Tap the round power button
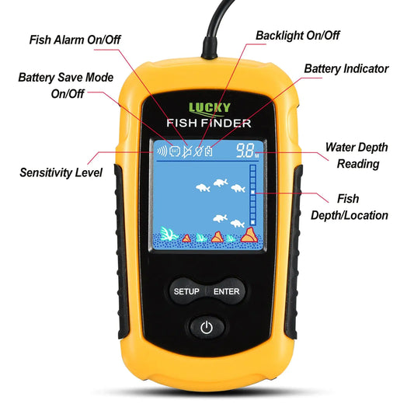pyautogui.click(x=206, y=327)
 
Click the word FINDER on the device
pyautogui.click(x=226, y=124)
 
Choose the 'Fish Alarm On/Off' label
pyautogui.click(x=75, y=40)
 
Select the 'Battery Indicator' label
pyautogui.click(x=346, y=68)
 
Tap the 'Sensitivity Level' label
pyautogui.click(x=61, y=172)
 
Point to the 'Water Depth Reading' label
pyautogui.click(x=357, y=155)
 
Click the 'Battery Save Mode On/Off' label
pyautogui.click(x=65, y=85)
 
